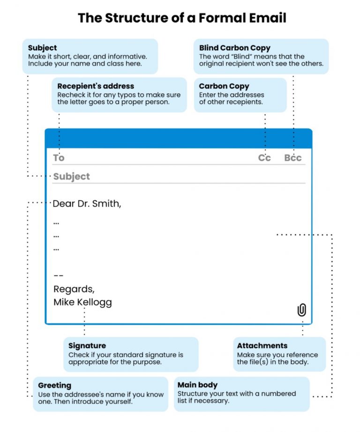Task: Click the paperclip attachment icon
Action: (x=302, y=310)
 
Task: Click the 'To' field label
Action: (x=59, y=158)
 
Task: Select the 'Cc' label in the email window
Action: (x=264, y=158)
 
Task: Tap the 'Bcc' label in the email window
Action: (x=293, y=158)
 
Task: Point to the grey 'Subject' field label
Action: (x=71, y=177)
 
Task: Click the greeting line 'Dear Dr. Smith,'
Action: (x=87, y=204)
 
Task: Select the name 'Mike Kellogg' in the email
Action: (x=82, y=302)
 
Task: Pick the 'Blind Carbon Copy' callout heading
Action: (x=234, y=48)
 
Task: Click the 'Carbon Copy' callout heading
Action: (x=224, y=86)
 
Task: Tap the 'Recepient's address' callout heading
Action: (x=96, y=86)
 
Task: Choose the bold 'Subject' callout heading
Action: (x=42, y=48)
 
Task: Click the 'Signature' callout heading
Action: (x=87, y=346)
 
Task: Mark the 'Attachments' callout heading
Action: (x=262, y=346)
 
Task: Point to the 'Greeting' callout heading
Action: (x=55, y=385)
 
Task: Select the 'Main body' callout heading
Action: (x=197, y=385)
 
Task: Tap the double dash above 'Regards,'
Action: (x=58, y=276)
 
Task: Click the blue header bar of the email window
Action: (x=178, y=139)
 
